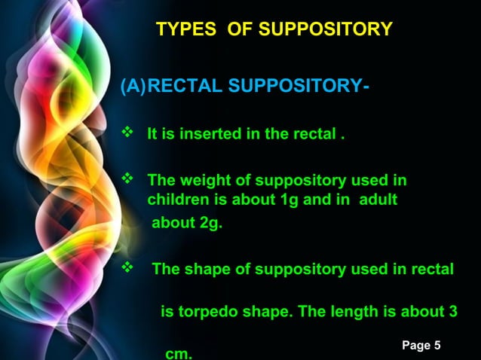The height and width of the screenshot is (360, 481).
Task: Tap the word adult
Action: [x=378, y=201]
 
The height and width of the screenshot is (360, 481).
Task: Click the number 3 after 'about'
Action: [x=452, y=312]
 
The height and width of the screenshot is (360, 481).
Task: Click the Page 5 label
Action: [x=421, y=345]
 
